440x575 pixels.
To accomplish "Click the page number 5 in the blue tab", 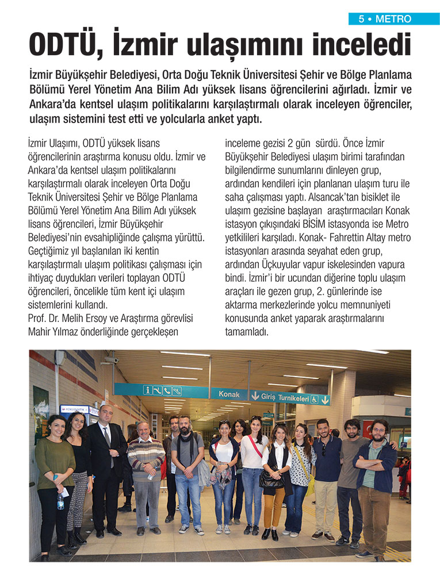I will (361, 19).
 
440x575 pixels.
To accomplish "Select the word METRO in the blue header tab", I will (393, 19).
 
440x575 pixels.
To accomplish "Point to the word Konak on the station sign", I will (229, 394).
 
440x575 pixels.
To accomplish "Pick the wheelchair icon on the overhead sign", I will (178, 391).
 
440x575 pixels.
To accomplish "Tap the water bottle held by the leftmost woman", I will (60, 501).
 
